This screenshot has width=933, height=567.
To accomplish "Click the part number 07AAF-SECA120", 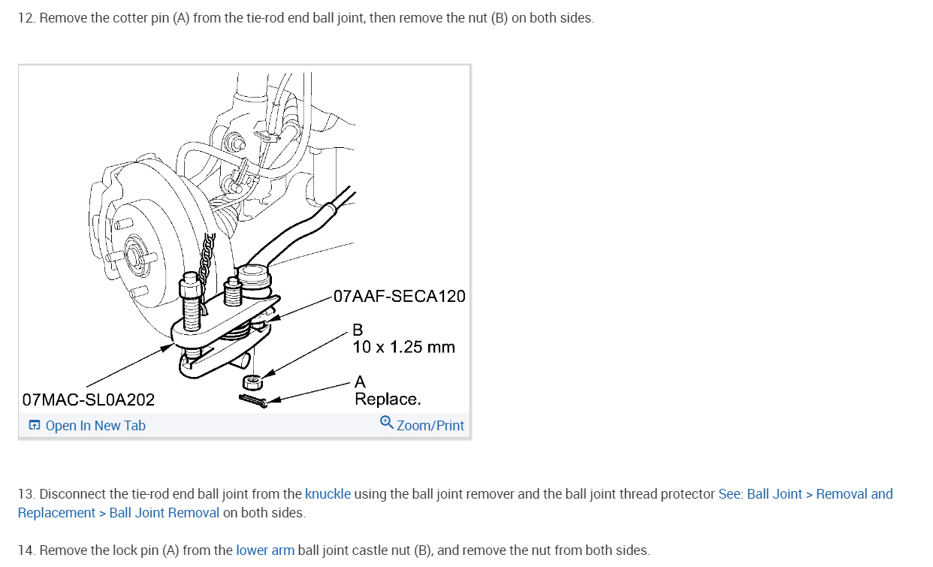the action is (x=399, y=296).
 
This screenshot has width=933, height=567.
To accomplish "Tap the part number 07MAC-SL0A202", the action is (x=89, y=400).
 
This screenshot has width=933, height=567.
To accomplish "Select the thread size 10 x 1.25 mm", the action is (x=403, y=347).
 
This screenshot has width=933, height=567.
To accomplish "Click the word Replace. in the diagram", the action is (x=388, y=400).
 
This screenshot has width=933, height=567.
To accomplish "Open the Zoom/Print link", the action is (x=430, y=426).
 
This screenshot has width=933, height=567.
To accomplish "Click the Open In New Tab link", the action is (x=95, y=426).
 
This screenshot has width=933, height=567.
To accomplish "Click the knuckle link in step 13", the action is (x=328, y=494).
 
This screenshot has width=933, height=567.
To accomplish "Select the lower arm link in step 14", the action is (x=265, y=550).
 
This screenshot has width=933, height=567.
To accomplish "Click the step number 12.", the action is (x=26, y=18).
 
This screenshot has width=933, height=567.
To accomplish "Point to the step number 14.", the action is (x=26, y=550).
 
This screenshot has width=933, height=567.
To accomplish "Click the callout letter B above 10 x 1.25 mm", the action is (x=358, y=330).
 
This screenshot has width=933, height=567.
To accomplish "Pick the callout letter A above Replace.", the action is (x=360, y=382).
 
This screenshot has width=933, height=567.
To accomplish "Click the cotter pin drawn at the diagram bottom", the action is (x=254, y=401).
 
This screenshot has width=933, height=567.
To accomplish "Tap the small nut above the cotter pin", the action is (x=254, y=381).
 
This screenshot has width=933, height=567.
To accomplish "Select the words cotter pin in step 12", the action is (x=141, y=18).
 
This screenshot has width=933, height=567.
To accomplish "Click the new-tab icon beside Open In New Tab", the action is (x=35, y=426).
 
